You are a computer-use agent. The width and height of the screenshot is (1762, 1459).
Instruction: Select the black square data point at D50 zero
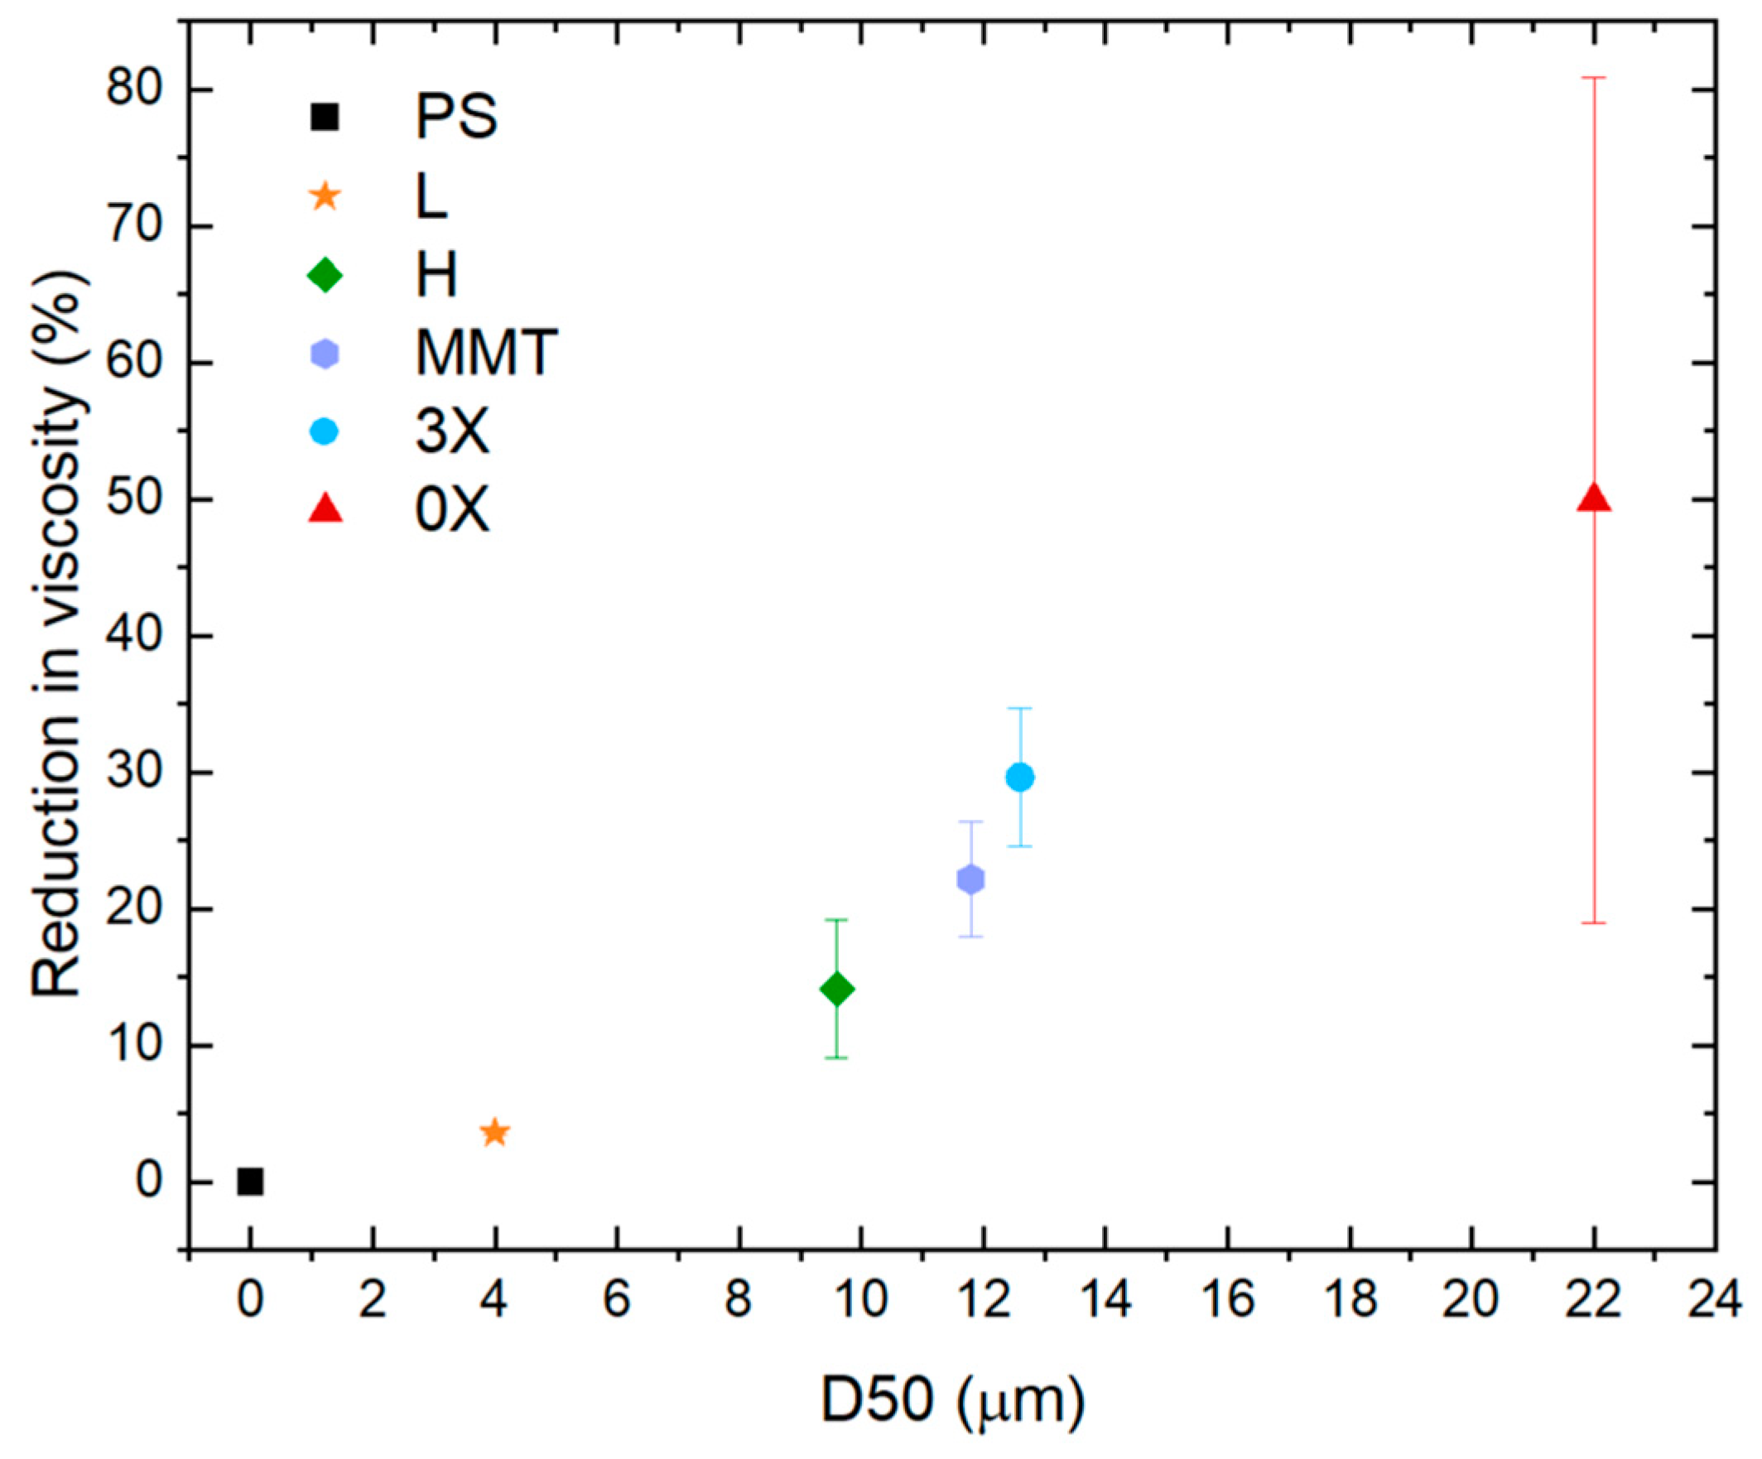(x=250, y=1182)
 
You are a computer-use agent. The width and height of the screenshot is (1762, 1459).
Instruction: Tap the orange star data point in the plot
(x=495, y=1133)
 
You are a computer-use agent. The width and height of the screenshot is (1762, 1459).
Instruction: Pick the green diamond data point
(x=836, y=990)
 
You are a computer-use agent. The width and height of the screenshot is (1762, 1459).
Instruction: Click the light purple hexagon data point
(x=970, y=879)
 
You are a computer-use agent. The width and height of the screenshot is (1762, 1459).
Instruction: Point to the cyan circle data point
(x=1019, y=778)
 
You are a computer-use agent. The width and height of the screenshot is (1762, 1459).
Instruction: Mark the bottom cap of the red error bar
(x=1593, y=923)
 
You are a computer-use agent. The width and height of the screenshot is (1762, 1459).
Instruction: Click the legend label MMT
(x=486, y=354)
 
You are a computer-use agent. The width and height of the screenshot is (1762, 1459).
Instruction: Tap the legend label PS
(x=456, y=118)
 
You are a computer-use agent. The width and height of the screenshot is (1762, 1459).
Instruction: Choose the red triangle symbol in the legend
(x=325, y=509)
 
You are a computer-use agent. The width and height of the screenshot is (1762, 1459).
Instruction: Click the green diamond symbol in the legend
(x=325, y=275)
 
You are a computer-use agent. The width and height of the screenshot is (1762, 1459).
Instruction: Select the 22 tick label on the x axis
(x=1593, y=1301)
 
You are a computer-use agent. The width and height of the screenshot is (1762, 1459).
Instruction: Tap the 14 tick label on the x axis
(x=1105, y=1301)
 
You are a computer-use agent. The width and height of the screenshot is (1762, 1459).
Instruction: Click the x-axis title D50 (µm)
(x=952, y=1400)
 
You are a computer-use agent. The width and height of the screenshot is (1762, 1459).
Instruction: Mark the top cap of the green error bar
(x=836, y=921)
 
